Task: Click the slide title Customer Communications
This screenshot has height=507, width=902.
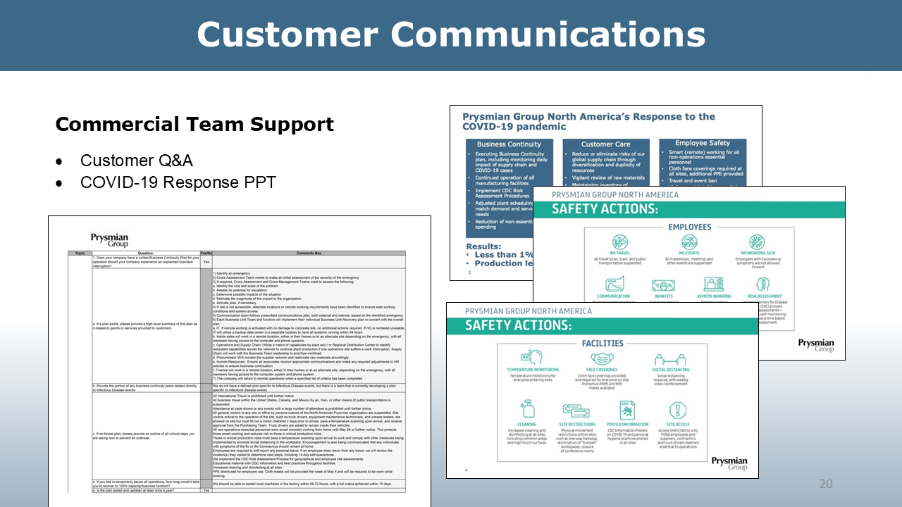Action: pos(451,35)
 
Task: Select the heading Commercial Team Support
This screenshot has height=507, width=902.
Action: pos(194,125)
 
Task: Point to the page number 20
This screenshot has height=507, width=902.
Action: pos(825,484)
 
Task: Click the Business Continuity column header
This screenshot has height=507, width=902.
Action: pos(509,144)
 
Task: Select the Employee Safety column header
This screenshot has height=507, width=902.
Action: pos(702,143)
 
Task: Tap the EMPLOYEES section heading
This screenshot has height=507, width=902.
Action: pos(689,227)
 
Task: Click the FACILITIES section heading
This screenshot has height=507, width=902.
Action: pos(603,343)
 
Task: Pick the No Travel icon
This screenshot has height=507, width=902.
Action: pos(620,242)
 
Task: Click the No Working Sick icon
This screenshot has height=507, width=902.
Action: pos(757,242)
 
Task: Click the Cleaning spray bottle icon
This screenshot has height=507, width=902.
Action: pos(527,409)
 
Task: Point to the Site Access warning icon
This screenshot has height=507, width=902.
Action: pos(678,410)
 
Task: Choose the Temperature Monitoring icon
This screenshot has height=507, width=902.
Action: pos(532,358)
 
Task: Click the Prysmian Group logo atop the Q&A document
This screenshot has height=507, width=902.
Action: pos(109,239)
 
